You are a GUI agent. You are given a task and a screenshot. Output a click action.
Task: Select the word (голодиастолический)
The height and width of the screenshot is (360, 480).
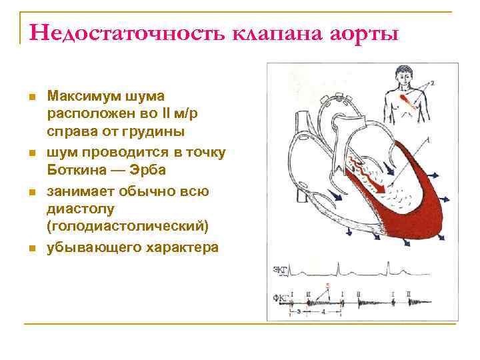pyautogui.click(x=128, y=227)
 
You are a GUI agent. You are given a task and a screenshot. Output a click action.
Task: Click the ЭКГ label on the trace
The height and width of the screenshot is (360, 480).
pyautogui.click(x=281, y=270)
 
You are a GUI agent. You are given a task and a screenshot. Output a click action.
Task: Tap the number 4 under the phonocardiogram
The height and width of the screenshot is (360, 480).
pyautogui.click(x=323, y=311)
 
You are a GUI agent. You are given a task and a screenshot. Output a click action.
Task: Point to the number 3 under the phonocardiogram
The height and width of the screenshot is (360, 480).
pyautogui.click(x=298, y=311)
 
